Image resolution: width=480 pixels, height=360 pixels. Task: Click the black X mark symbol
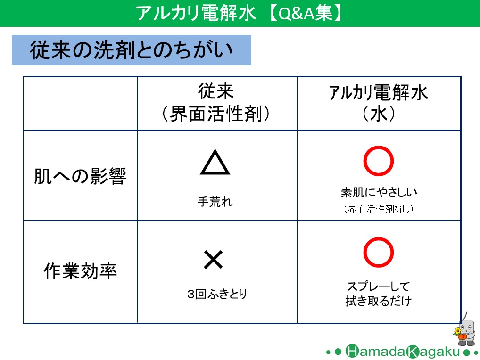(214, 260)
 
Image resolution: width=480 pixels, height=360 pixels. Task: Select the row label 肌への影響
(80, 176)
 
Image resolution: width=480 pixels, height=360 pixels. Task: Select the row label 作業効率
(80, 270)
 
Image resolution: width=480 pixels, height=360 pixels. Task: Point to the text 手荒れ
(215, 202)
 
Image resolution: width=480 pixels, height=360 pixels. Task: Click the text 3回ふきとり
(217, 294)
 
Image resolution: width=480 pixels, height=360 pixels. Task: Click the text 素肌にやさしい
(379, 192)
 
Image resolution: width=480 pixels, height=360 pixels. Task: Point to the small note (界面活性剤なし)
(379, 209)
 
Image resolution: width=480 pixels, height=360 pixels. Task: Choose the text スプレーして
(378, 286)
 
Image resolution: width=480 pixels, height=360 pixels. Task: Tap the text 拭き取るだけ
(378, 301)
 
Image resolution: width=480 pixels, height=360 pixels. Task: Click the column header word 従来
(216, 91)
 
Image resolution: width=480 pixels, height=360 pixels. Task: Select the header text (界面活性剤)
(216, 114)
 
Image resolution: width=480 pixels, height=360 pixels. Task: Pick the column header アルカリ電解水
(378, 92)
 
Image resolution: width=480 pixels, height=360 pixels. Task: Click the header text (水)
(379, 114)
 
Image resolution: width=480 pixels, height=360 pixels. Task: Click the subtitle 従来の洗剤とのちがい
(131, 50)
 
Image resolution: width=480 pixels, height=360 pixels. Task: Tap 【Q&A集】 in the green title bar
(306, 13)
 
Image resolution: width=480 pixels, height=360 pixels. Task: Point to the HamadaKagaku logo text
(403, 352)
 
